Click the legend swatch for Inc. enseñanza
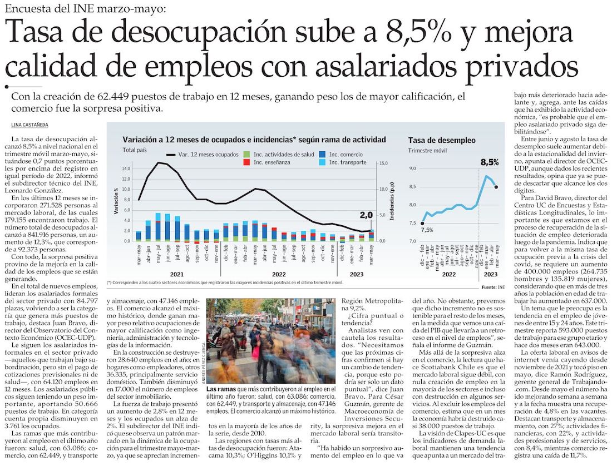coord(247,163)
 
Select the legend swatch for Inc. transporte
coord(323,163)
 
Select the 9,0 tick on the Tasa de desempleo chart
coord(413,168)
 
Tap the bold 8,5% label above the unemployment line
coord(490,162)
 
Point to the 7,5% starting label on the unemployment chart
coord(427,230)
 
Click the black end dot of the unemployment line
coord(496,187)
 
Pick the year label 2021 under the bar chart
coord(177,274)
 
